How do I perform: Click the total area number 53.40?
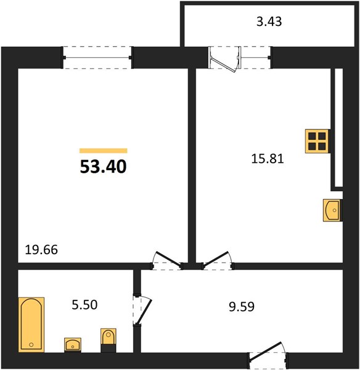point(103,166)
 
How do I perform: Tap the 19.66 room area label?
point(41,250)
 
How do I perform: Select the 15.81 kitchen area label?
point(268,158)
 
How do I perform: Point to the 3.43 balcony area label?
point(269,22)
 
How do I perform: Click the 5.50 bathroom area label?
point(84,305)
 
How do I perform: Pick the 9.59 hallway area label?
point(242,306)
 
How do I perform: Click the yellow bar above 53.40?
point(104,151)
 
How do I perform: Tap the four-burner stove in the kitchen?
point(317,141)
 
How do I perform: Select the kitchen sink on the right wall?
point(332,210)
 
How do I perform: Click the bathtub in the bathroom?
point(31,325)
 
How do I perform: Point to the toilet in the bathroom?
point(108,336)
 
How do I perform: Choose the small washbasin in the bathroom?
point(73,345)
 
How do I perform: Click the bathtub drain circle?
point(31,345)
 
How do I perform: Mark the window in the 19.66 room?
point(97,57)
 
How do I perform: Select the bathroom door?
point(142,310)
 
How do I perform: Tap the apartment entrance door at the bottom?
point(268,354)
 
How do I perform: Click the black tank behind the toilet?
point(108,348)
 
